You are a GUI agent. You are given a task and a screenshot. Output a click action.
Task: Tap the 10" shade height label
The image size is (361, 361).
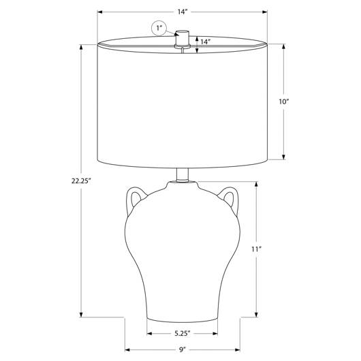(x=283, y=101)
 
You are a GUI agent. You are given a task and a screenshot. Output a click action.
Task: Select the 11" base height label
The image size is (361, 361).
(x=257, y=249)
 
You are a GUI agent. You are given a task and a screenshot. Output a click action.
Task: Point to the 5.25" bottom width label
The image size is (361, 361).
(x=183, y=333)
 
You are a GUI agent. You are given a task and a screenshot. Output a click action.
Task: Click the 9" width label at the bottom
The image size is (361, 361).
(x=183, y=350)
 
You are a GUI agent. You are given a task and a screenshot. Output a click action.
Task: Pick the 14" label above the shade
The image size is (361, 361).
(x=183, y=12)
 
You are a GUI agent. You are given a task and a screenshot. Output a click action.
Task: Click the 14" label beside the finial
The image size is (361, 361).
(x=206, y=42)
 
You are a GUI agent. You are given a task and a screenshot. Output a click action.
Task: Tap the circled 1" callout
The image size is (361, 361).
(x=159, y=29)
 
